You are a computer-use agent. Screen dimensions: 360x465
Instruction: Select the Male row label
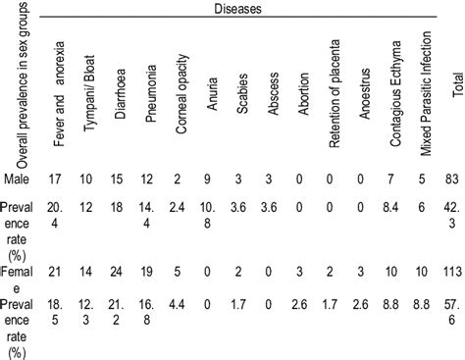click(15, 204)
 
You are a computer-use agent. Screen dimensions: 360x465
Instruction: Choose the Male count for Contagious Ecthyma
click(394, 204)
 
